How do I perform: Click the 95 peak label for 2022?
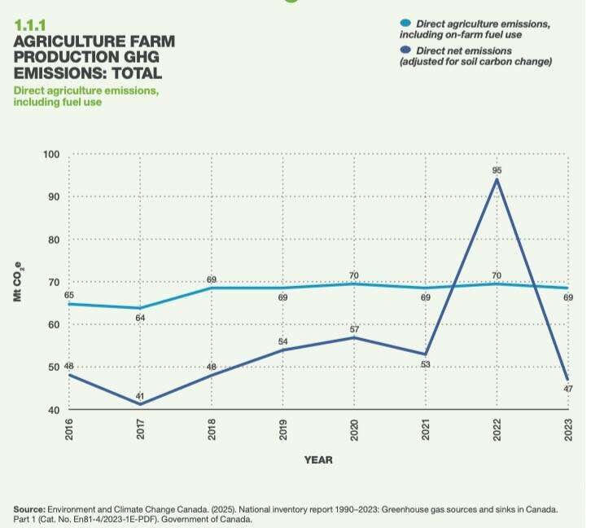point(496,170)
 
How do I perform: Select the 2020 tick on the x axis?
point(354,430)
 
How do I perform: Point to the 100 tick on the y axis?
point(51,155)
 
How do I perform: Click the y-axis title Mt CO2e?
point(19,282)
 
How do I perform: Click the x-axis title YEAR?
point(318,460)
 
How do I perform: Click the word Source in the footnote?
point(30,508)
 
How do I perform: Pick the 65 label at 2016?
point(70,295)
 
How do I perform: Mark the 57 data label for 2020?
point(354,328)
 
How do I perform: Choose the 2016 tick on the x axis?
point(70,430)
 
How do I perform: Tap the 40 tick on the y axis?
point(54,410)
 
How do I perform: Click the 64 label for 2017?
point(140,317)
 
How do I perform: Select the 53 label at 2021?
point(425,364)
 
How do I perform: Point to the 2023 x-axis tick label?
point(568,430)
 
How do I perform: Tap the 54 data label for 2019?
point(283,341)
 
